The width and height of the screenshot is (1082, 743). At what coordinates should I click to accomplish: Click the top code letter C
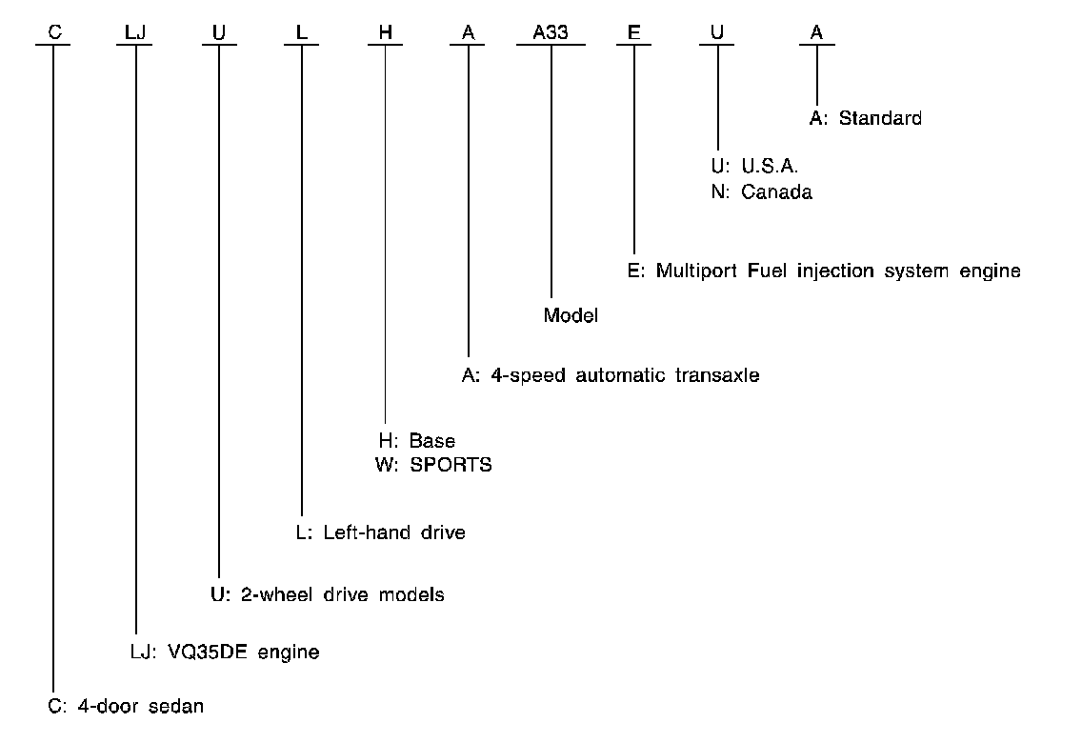coord(54,32)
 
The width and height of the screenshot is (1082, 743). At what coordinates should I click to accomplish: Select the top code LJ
coord(136,32)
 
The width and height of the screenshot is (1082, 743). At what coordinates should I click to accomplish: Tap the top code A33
coord(551,32)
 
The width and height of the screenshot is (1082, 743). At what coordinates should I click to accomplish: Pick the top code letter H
coord(385,32)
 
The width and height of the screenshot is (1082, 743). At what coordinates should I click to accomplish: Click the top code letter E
coord(633,32)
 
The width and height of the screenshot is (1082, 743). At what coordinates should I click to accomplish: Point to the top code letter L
coord(302,32)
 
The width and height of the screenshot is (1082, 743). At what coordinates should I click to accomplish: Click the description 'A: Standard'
coord(865,119)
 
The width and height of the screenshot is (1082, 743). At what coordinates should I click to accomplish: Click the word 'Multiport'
coord(694,271)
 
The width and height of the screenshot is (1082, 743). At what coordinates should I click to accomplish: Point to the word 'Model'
coord(571,315)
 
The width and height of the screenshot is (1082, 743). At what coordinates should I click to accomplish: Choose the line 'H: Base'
coord(416,441)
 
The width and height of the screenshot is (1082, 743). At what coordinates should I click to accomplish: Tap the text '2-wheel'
coord(271,595)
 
